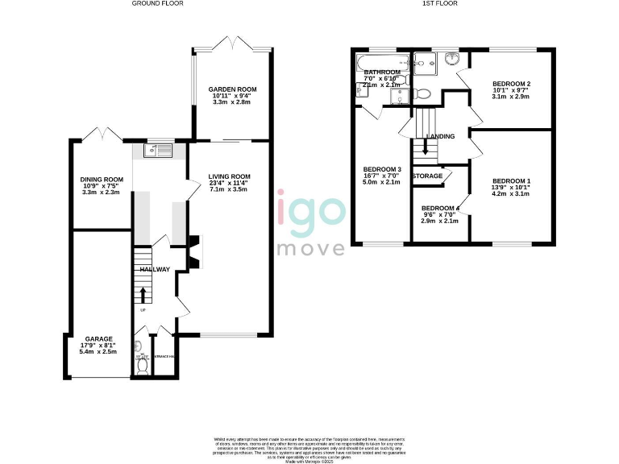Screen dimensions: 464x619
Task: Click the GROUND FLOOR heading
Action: tap(159, 4)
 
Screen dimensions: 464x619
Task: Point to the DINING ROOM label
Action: tap(101, 180)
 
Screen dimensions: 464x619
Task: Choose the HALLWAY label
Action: tap(155, 269)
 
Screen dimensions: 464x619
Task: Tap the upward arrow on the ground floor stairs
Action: tap(143, 294)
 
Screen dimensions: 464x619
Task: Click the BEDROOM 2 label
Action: tap(512, 84)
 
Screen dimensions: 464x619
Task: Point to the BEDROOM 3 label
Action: tap(382, 169)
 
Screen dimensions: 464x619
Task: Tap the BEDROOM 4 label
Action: tap(440, 208)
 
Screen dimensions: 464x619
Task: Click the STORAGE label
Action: tap(427, 176)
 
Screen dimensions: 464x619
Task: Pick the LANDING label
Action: tap(441, 137)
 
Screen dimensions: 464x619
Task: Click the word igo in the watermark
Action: tap(311, 209)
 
